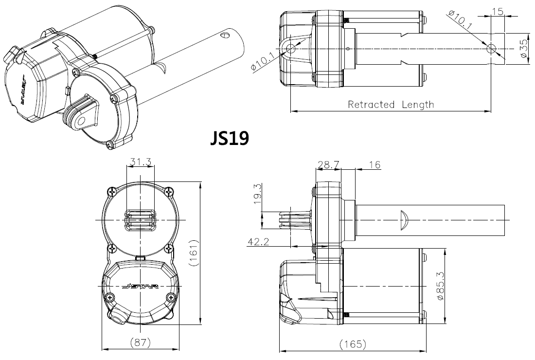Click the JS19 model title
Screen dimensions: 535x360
(x=229, y=138)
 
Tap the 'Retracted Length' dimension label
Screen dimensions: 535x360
(x=391, y=105)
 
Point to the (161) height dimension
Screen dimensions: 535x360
(x=194, y=253)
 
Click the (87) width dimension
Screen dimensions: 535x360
(x=141, y=342)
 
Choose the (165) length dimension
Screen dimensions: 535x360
(x=353, y=343)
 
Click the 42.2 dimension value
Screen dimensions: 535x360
(x=258, y=242)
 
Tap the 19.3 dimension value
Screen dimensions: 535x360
(x=258, y=194)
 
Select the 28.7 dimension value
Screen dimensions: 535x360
(x=329, y=165)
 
